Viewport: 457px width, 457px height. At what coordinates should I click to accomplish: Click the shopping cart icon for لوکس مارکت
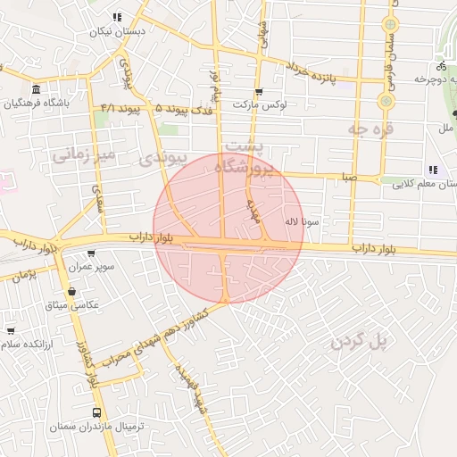click(259, 91)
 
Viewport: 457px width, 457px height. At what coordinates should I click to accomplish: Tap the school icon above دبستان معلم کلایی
click(433, 170)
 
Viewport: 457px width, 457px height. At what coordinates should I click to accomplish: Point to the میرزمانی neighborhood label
click(84, 154)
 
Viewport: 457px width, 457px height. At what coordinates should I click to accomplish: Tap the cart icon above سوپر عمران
click(90, 253)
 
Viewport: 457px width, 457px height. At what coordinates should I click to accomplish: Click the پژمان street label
click(25, 273)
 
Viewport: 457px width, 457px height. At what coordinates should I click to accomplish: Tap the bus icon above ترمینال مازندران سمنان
click(96, 412)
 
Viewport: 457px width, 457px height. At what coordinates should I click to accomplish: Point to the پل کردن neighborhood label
click(361, 339)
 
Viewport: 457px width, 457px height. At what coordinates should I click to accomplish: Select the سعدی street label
click(96, 194)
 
